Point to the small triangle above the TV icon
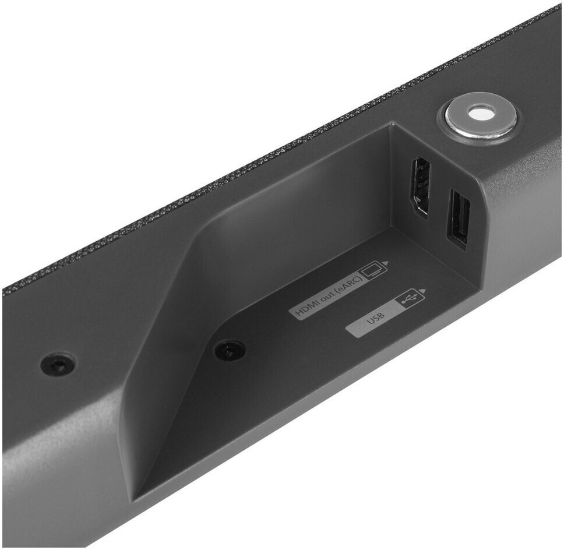386,263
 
